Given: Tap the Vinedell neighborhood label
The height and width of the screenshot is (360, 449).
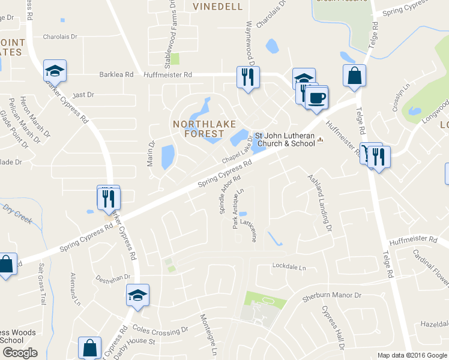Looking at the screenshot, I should click(x=217, y=7).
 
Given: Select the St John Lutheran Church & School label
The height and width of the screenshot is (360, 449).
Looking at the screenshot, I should click(x=286, y=139).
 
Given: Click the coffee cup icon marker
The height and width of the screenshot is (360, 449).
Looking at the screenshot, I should click(x=316, y=97).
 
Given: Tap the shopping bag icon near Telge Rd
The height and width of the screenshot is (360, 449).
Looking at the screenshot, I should click(x=354, y=76).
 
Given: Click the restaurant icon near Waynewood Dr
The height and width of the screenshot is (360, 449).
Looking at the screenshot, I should click(x=247, y=77).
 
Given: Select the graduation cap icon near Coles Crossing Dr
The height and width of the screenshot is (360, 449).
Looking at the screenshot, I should click(x=137, y=295).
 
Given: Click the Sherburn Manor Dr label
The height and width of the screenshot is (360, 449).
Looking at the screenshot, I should click(x=333, y=296).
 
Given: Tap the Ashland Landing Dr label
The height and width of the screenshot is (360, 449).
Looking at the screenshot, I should click(x=320, y=203).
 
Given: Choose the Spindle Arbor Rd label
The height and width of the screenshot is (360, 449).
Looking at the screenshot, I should click(x=230, y=196).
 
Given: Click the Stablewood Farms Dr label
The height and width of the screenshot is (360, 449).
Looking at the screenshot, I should click(x=169, y=33).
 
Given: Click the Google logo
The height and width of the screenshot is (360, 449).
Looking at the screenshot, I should click(x=19, y=353).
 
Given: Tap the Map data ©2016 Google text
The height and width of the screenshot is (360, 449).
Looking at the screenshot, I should click(x=412, y=355).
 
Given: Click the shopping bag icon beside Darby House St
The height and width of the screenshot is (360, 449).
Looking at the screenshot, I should click(x=90, y=348).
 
